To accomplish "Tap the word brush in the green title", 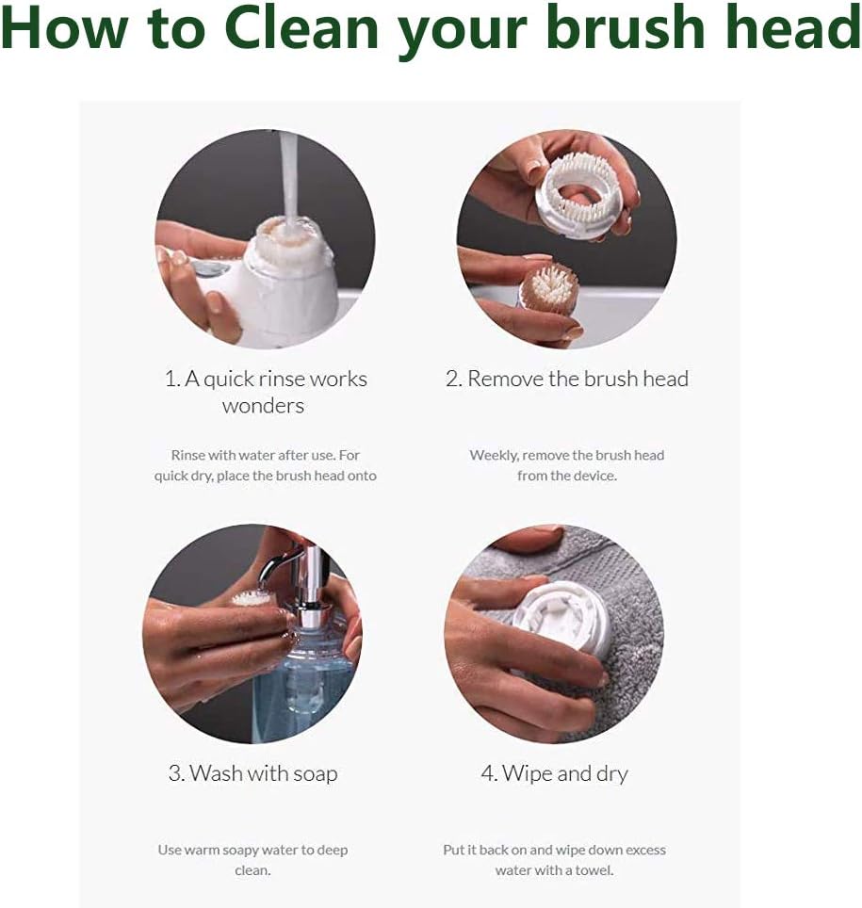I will tap(637, 28).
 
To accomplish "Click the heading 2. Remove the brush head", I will tap(566, 379).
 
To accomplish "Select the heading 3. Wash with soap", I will tap(252, 773).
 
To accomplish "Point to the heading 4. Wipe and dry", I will tap(554, 773).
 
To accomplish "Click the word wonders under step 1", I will tap(263, 406).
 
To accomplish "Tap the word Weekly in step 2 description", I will tap(494, 455).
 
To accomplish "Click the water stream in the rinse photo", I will tap(289, 179).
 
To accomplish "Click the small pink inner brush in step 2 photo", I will tap(549, 288).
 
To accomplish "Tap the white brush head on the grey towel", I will tap(561, 617).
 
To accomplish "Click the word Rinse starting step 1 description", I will tap(188, 455).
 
